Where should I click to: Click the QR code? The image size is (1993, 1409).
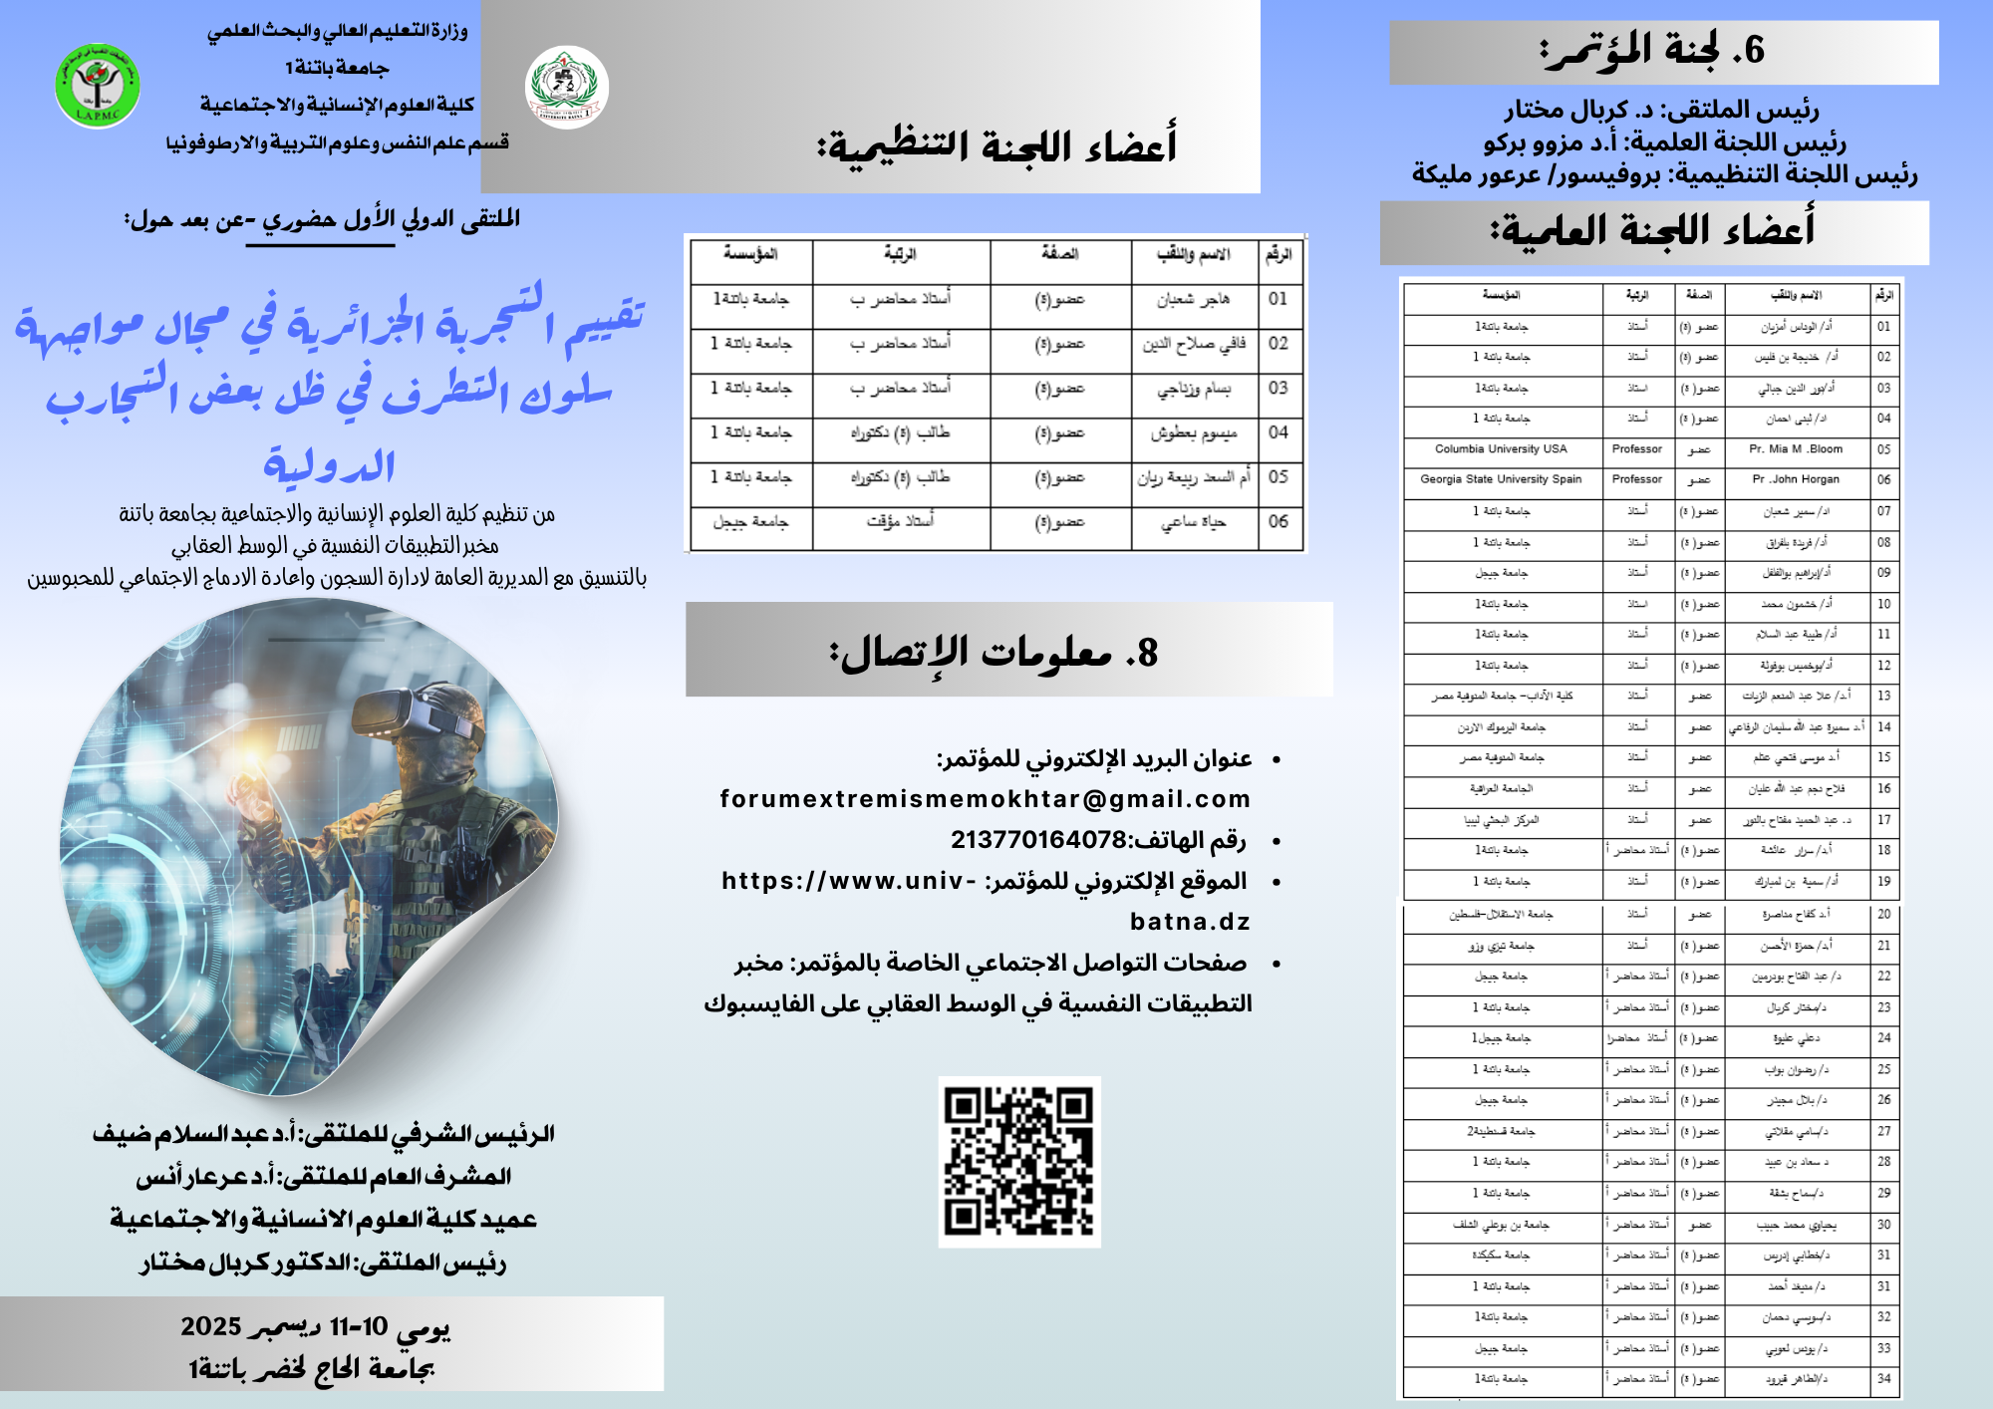point(1018,1161)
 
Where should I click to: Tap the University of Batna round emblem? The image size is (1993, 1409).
point(566,88)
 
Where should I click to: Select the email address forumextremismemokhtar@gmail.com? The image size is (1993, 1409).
point(985,799)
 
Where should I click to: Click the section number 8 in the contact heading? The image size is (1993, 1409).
point(1146,653)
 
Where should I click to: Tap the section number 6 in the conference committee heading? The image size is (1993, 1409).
point(1754,49)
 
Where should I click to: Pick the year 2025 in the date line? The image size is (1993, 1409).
point(210,1326)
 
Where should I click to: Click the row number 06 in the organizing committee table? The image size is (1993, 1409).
point(1279,521)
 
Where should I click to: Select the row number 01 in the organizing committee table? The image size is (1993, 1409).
point(1279,299)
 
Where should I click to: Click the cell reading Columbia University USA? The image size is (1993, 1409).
point(1501,449)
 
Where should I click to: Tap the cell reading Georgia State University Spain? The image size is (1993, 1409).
point(1501,479)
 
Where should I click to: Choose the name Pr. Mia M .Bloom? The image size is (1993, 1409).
point(1796,449)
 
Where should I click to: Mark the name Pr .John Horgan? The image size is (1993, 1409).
point(1796,479)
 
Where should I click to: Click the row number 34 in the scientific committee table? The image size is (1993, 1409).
point(1883,1379)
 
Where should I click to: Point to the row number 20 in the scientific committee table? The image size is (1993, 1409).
point(1883,914)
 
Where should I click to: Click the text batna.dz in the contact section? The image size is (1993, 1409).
point(1190,922)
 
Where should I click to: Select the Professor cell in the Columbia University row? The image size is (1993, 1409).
point(1637,449)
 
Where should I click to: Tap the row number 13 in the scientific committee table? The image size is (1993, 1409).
point(1883,697)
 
